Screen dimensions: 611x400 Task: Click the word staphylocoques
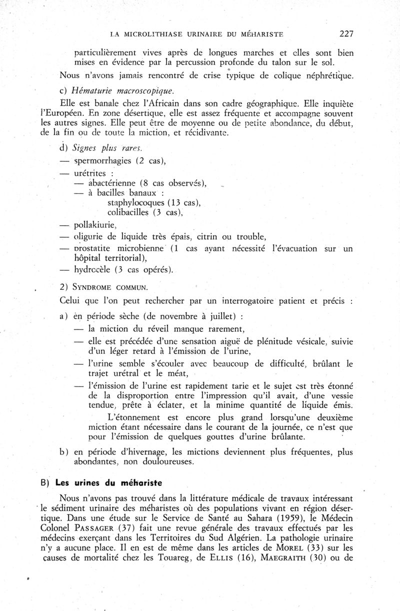tap(134, 202)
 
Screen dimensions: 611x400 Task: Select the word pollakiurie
tap(95, 225)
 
